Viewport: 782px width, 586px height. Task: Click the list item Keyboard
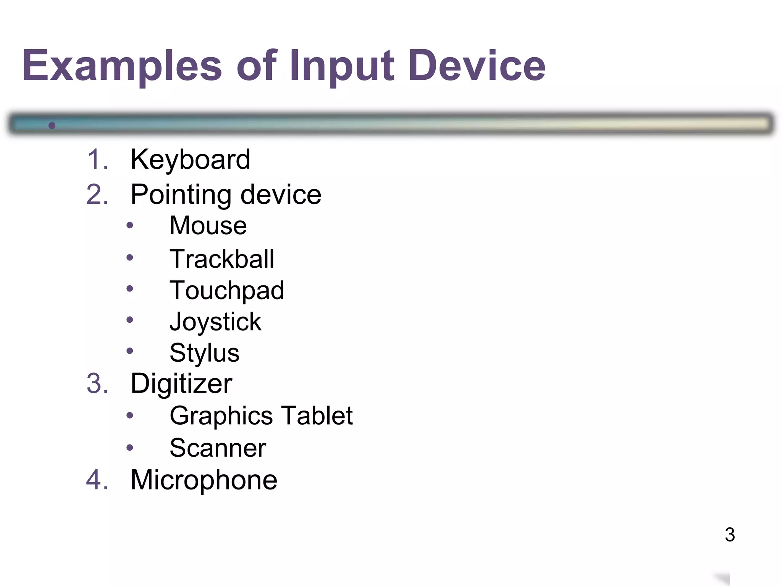tap(190, 159)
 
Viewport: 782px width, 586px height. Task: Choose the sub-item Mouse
tap(208, 225)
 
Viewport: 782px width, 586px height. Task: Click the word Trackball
tap(222, 259)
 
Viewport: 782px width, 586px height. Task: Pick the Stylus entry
tap(204, 353)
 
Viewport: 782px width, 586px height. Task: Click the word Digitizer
tap(181, 383)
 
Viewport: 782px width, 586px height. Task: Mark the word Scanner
tap(218, 448)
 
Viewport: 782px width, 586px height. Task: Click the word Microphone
tap(204, 480)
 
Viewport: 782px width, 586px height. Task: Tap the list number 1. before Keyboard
tap(97, 159)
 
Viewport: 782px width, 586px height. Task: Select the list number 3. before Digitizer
tap(97, 383)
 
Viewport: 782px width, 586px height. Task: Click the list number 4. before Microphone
tap(97, 480)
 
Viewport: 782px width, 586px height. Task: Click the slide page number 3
tap(730, 535)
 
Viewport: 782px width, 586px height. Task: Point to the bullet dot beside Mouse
tap(130, 225)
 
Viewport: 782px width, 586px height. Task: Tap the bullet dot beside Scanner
tap(130, 448)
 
